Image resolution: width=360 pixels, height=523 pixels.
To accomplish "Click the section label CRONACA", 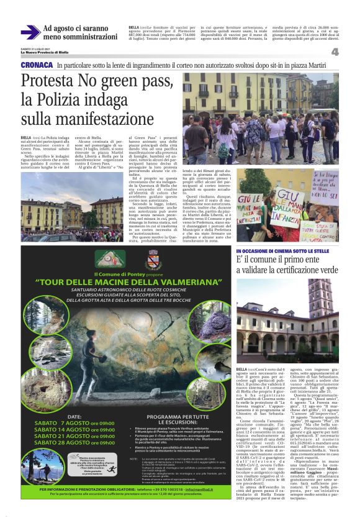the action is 36,65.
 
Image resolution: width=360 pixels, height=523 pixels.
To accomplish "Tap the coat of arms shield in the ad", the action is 152,258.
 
